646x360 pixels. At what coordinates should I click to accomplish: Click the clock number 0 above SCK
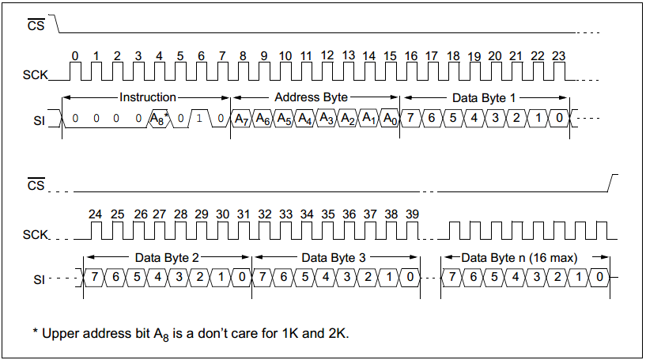coord(75,56)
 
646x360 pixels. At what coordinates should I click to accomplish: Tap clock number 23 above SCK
coord(558,56)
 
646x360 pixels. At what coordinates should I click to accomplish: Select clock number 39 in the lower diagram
coord(412,214)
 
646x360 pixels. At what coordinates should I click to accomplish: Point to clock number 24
coord(96,214)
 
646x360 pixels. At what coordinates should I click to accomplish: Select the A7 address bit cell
coord(242,119)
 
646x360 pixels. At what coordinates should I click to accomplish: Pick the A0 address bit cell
coord(389,119)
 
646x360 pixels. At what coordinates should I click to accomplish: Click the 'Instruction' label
coord(147,97)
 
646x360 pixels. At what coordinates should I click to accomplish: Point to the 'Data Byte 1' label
coord(483,97)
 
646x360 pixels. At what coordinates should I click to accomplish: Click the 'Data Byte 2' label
coord(167,258)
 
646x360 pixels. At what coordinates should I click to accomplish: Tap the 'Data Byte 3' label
coord(334,258)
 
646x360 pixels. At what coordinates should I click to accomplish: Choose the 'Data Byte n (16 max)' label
coord(519,258)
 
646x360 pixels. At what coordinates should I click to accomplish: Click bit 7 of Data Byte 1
coord(411,119)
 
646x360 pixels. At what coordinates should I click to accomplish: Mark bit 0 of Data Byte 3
coord(410,277)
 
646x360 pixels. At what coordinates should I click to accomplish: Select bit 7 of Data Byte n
coord(453,277)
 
